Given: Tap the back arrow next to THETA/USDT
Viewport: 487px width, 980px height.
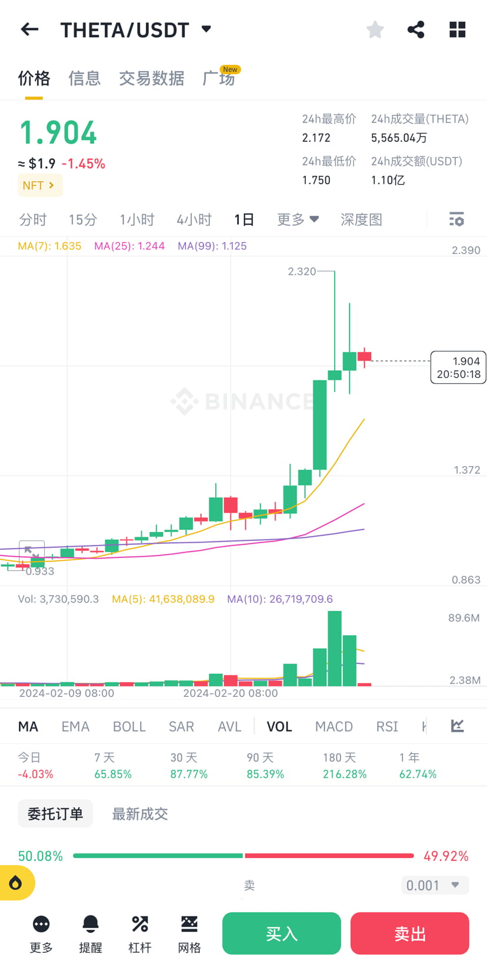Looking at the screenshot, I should [29, 29].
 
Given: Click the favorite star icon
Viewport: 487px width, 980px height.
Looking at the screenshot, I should [375, 29].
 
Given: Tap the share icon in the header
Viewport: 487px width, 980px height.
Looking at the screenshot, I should [416, 29].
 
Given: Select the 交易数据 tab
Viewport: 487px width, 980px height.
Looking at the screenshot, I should [152, 78].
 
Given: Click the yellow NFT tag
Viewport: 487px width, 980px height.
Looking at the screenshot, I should [39, 185].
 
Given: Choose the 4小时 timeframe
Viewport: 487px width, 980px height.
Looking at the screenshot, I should [194, 220].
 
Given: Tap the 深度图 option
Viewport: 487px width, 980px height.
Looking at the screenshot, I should [361, 220].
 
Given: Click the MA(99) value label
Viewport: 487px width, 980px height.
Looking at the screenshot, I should [212, 246].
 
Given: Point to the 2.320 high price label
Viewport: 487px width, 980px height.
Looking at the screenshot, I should [302, 271].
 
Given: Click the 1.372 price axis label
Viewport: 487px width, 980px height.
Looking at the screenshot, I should [466, 470].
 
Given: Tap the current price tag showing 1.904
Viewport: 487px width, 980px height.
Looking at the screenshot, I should [458, 367].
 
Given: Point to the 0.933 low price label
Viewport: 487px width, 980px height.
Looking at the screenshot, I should [40, 571].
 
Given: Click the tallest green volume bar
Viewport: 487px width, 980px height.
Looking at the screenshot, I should [335, 648].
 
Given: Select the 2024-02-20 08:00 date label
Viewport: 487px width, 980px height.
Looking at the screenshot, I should [231, 693].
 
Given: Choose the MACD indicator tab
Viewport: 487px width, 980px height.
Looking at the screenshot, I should [333, 726].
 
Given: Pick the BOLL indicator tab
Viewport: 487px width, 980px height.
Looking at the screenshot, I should [129, 726].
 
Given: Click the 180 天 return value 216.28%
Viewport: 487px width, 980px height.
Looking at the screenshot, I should [345, 774].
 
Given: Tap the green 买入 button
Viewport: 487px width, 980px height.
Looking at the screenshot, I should [281, 933].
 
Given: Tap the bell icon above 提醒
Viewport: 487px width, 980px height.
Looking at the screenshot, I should [91, 924].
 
